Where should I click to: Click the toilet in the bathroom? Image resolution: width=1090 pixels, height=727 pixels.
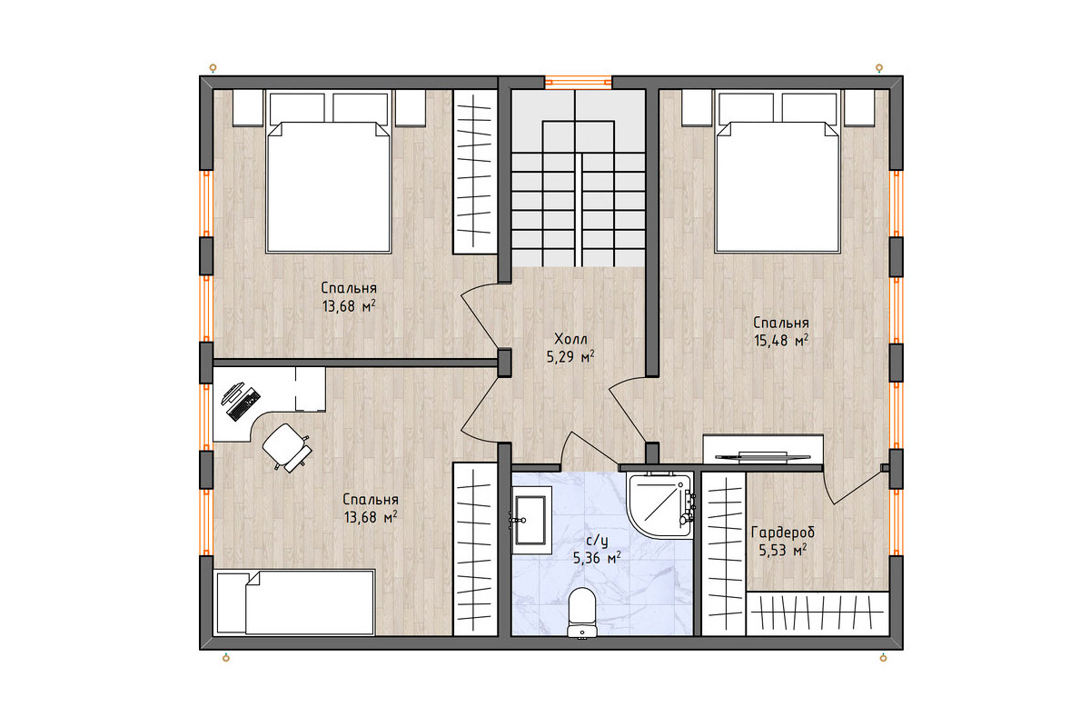pos(582,613)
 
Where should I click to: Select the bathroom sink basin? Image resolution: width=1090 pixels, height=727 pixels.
pos(530,520)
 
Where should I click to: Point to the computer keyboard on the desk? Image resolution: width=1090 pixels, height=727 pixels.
pos(243,403)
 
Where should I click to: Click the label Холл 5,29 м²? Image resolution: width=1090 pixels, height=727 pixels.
pos(570,348)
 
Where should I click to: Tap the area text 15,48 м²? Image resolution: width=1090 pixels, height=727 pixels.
pos(781,341)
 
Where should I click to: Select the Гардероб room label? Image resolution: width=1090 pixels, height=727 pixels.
pos(782,533)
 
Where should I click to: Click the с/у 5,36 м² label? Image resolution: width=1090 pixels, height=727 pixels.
pos(597,550)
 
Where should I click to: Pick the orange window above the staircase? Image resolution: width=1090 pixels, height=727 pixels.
pos(578,83)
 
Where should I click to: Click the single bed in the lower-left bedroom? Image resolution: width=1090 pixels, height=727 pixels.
pos(294,603)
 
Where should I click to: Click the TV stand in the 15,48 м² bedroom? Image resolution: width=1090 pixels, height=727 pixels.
pos(763,449)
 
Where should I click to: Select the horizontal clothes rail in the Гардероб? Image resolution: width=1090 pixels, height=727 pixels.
pos(817,613)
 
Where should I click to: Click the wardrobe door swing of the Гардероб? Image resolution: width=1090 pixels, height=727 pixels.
pos(854,485)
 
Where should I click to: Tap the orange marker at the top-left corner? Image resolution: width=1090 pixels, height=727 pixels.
pos(213,67)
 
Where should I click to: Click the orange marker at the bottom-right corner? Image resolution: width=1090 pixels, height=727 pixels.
pos(883,658)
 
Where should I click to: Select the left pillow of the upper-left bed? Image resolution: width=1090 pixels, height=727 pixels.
pos(297,107)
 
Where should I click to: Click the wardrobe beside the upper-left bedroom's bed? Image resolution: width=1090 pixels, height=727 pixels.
pos(475,172)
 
